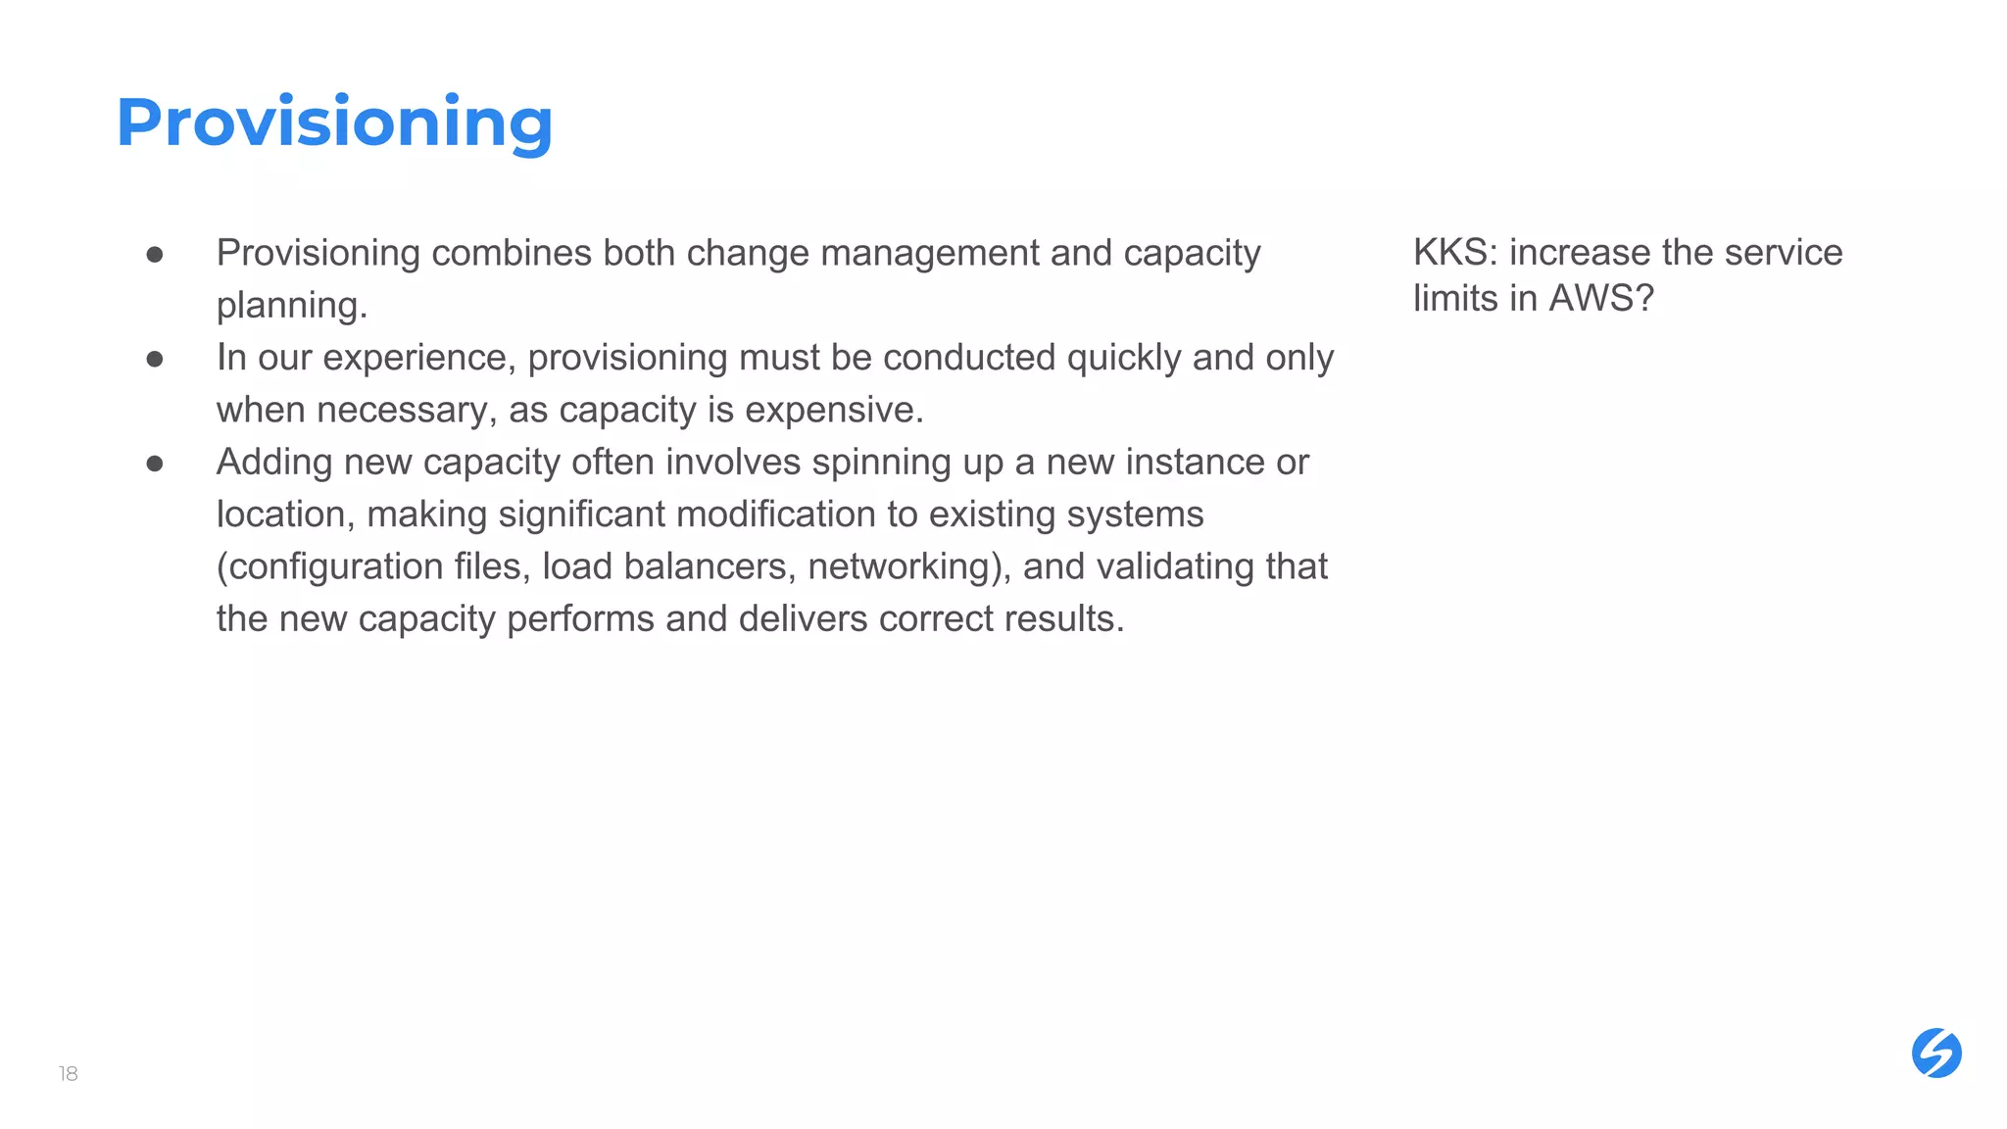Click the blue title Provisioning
pyautogui.click(x=334, y=123)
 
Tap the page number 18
pyautogui.click(x=68, y=1074)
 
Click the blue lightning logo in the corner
pyautogui.click(x=1936, y=1054)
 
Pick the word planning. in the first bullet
pyautogui.click(x=292, y=306)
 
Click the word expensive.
pyautogui.click(x=834, y=410)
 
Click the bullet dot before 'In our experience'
pyautogui.click(x=155, y=359)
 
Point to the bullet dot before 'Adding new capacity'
pyautogui.click(x=155, y=463)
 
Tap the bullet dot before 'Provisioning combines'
pyautogui.click(x=155, y=255)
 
